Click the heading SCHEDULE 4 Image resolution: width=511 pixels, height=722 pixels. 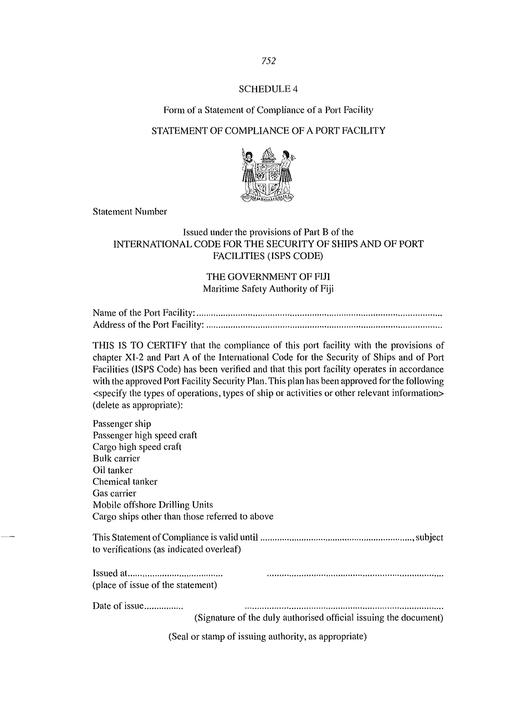268,89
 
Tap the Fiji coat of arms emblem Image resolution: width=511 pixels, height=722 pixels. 268,175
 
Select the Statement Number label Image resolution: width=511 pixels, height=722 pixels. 130,211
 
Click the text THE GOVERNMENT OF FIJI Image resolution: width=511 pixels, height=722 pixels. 268,277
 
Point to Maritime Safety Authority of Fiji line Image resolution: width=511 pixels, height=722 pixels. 268,289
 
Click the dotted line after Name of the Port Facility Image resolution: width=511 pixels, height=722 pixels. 319,314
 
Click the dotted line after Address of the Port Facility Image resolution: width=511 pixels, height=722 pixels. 324,326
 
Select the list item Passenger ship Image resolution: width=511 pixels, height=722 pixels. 122,424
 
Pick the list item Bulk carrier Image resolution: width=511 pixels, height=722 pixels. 116,458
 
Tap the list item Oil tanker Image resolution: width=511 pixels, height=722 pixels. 113,470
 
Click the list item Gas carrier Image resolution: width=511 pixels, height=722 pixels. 114,493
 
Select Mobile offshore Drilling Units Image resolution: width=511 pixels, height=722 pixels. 153,505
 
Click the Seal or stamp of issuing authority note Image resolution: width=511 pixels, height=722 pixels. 267,636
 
